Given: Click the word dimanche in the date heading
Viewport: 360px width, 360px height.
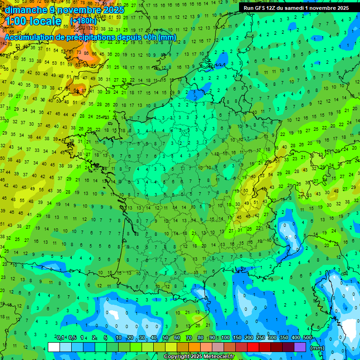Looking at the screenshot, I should click(x=25, y=10).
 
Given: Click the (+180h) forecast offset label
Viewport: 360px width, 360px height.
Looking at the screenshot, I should click(x=83, y=21).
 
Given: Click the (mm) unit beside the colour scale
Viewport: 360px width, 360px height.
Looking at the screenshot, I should click(x=317, y=348).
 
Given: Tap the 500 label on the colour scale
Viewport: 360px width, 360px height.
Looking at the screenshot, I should click(x=307, y=338).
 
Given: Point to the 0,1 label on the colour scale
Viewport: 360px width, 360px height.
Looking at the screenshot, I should click(x=60, y=338).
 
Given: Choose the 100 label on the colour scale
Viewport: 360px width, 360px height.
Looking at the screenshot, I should click(x=225, y=338).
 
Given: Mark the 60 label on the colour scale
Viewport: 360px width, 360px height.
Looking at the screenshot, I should click(x=177, y=338).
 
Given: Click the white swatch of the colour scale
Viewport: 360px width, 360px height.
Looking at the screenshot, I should click(x=53, y=347).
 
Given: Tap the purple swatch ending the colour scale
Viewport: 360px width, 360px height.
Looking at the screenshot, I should click(x=300, y=347).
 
